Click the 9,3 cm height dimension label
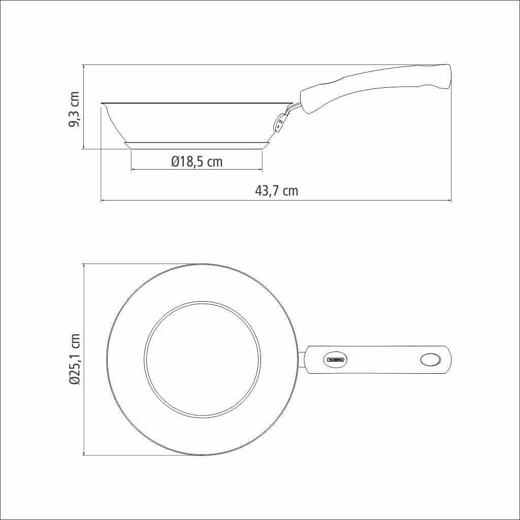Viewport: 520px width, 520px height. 74,110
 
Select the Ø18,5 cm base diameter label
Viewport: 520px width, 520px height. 197,162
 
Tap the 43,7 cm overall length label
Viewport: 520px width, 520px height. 276,191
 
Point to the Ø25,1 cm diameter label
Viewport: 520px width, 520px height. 74,360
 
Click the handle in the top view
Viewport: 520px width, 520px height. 378,360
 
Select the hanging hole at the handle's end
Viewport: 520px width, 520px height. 431,360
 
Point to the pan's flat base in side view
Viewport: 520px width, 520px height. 197,146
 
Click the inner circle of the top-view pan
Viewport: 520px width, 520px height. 202,360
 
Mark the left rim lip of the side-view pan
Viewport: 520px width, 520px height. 104,105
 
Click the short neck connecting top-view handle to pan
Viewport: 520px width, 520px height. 301,360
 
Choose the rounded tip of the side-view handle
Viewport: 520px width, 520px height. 447,76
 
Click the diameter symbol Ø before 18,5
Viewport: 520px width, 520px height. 175,162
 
